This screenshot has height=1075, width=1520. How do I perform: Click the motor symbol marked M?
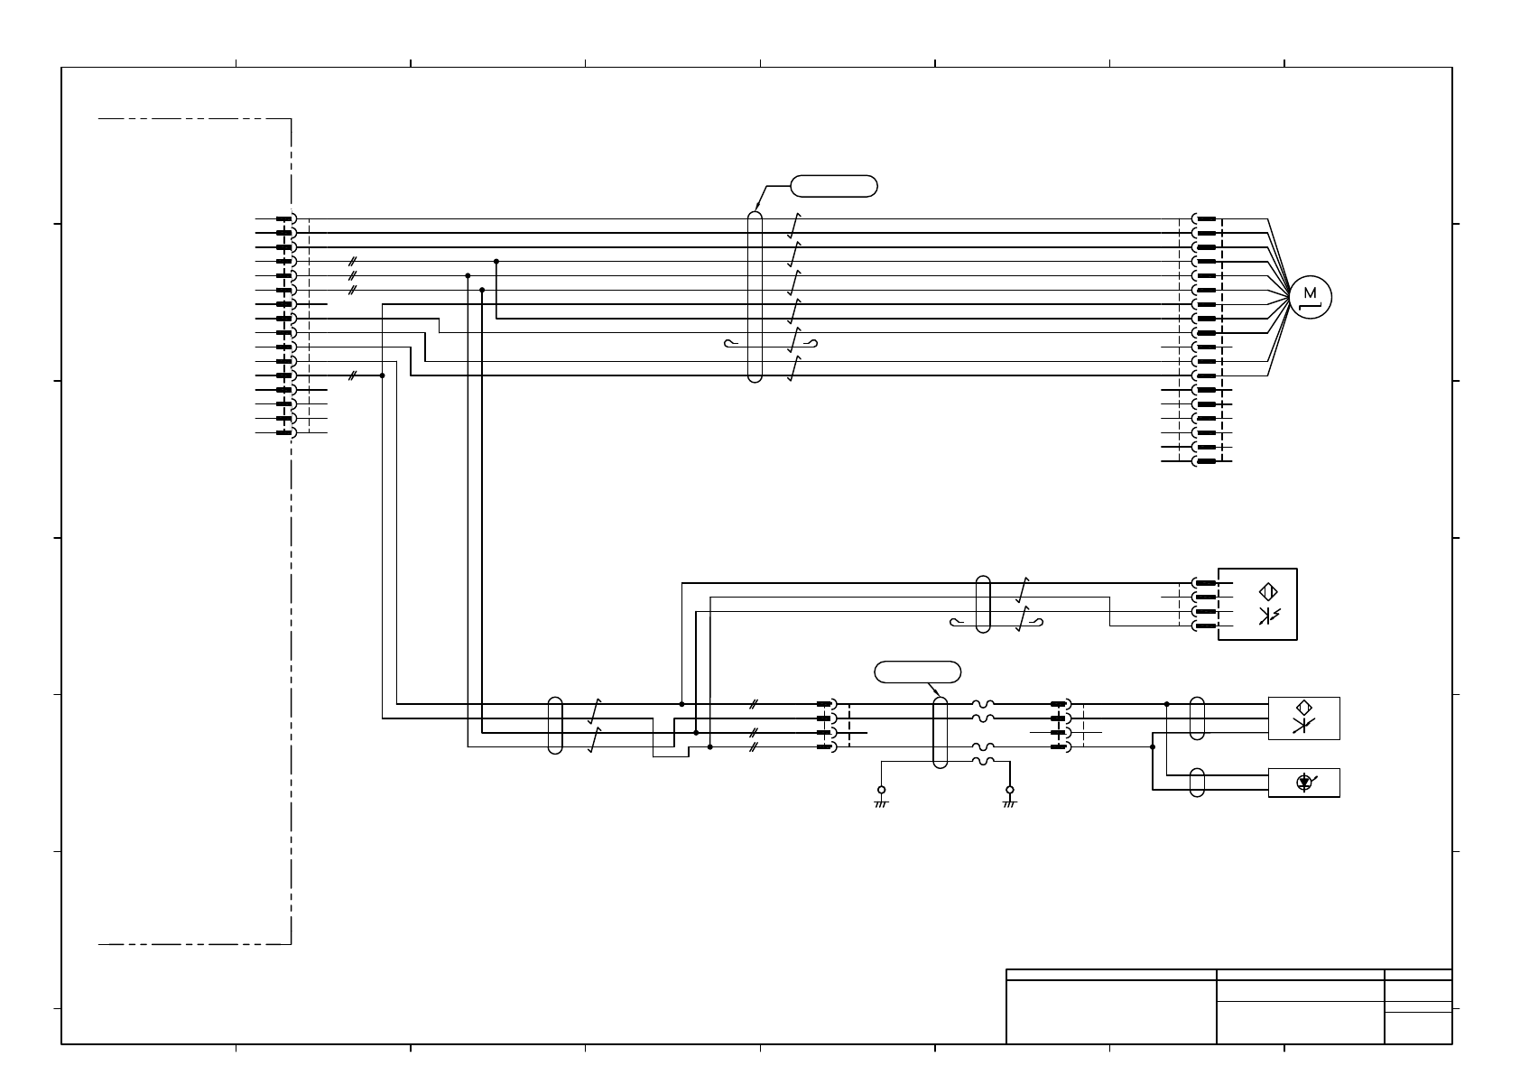pos(1311,295)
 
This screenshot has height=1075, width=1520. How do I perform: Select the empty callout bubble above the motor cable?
pos(834,187)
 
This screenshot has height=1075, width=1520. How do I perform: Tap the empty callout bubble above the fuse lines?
pos(918,672)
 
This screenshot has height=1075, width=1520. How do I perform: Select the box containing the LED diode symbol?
pos(1303,783)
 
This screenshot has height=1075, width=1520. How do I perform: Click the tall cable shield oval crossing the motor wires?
pos(755,297)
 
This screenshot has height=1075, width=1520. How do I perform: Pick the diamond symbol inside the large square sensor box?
pos(1267,591)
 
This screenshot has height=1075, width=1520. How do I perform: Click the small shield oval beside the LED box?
pos(1197,783)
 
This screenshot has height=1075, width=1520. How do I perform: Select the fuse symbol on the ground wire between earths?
pos(983,762)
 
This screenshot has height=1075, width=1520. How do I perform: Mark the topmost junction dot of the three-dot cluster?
pos(496,261)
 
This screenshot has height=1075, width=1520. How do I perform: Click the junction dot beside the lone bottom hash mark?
pos(382,375)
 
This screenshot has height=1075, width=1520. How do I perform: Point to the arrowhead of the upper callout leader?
pos(755,209)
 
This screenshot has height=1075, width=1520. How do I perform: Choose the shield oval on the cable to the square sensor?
pos(984,604)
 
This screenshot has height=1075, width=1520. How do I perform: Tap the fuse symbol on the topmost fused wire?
pos(983,704)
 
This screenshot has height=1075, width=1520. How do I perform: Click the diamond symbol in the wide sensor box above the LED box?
pos(1303,708)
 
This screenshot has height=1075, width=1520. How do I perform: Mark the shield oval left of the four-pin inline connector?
pos(555,725)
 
